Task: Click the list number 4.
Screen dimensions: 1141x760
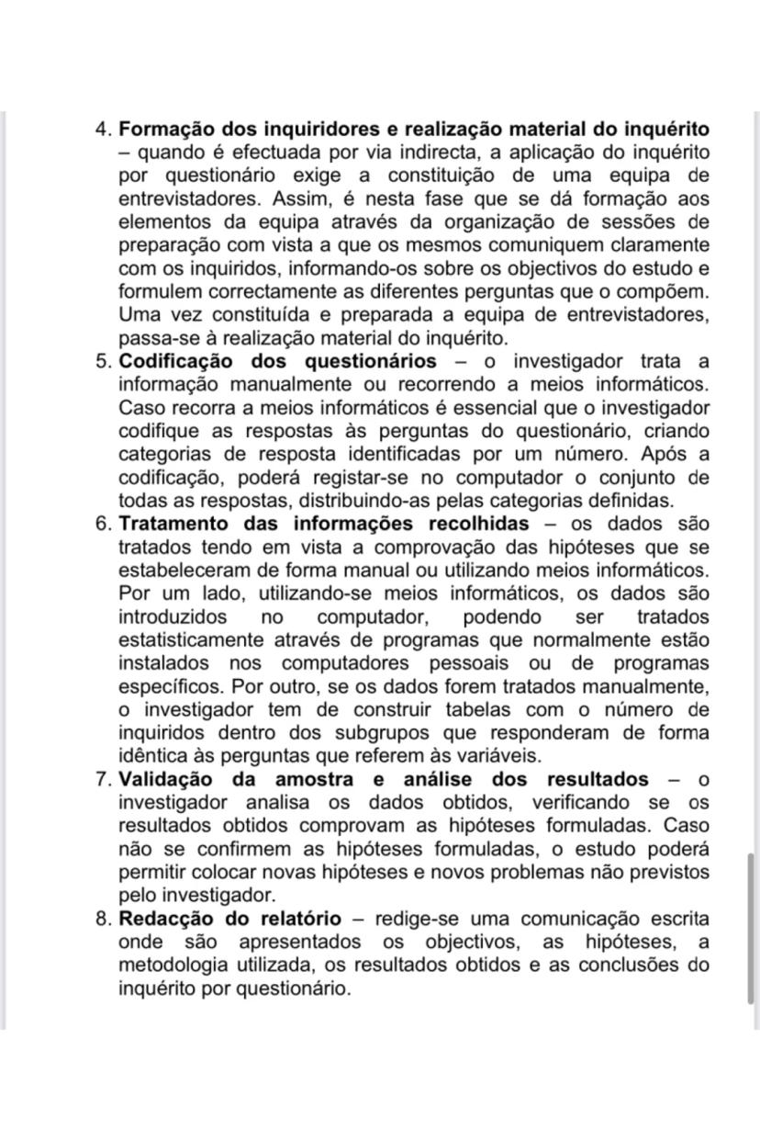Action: pos(104,129)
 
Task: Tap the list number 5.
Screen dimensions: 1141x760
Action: pos(104,361)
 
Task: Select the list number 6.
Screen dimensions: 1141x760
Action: pos(104,524)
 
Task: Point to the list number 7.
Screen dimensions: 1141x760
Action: pos(104,779)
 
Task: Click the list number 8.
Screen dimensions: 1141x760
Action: pos(104,919)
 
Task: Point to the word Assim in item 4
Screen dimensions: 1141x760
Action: pos(287,198)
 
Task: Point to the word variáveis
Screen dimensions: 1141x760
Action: pos(496,756)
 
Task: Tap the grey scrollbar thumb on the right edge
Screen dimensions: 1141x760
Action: pos(753,928)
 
